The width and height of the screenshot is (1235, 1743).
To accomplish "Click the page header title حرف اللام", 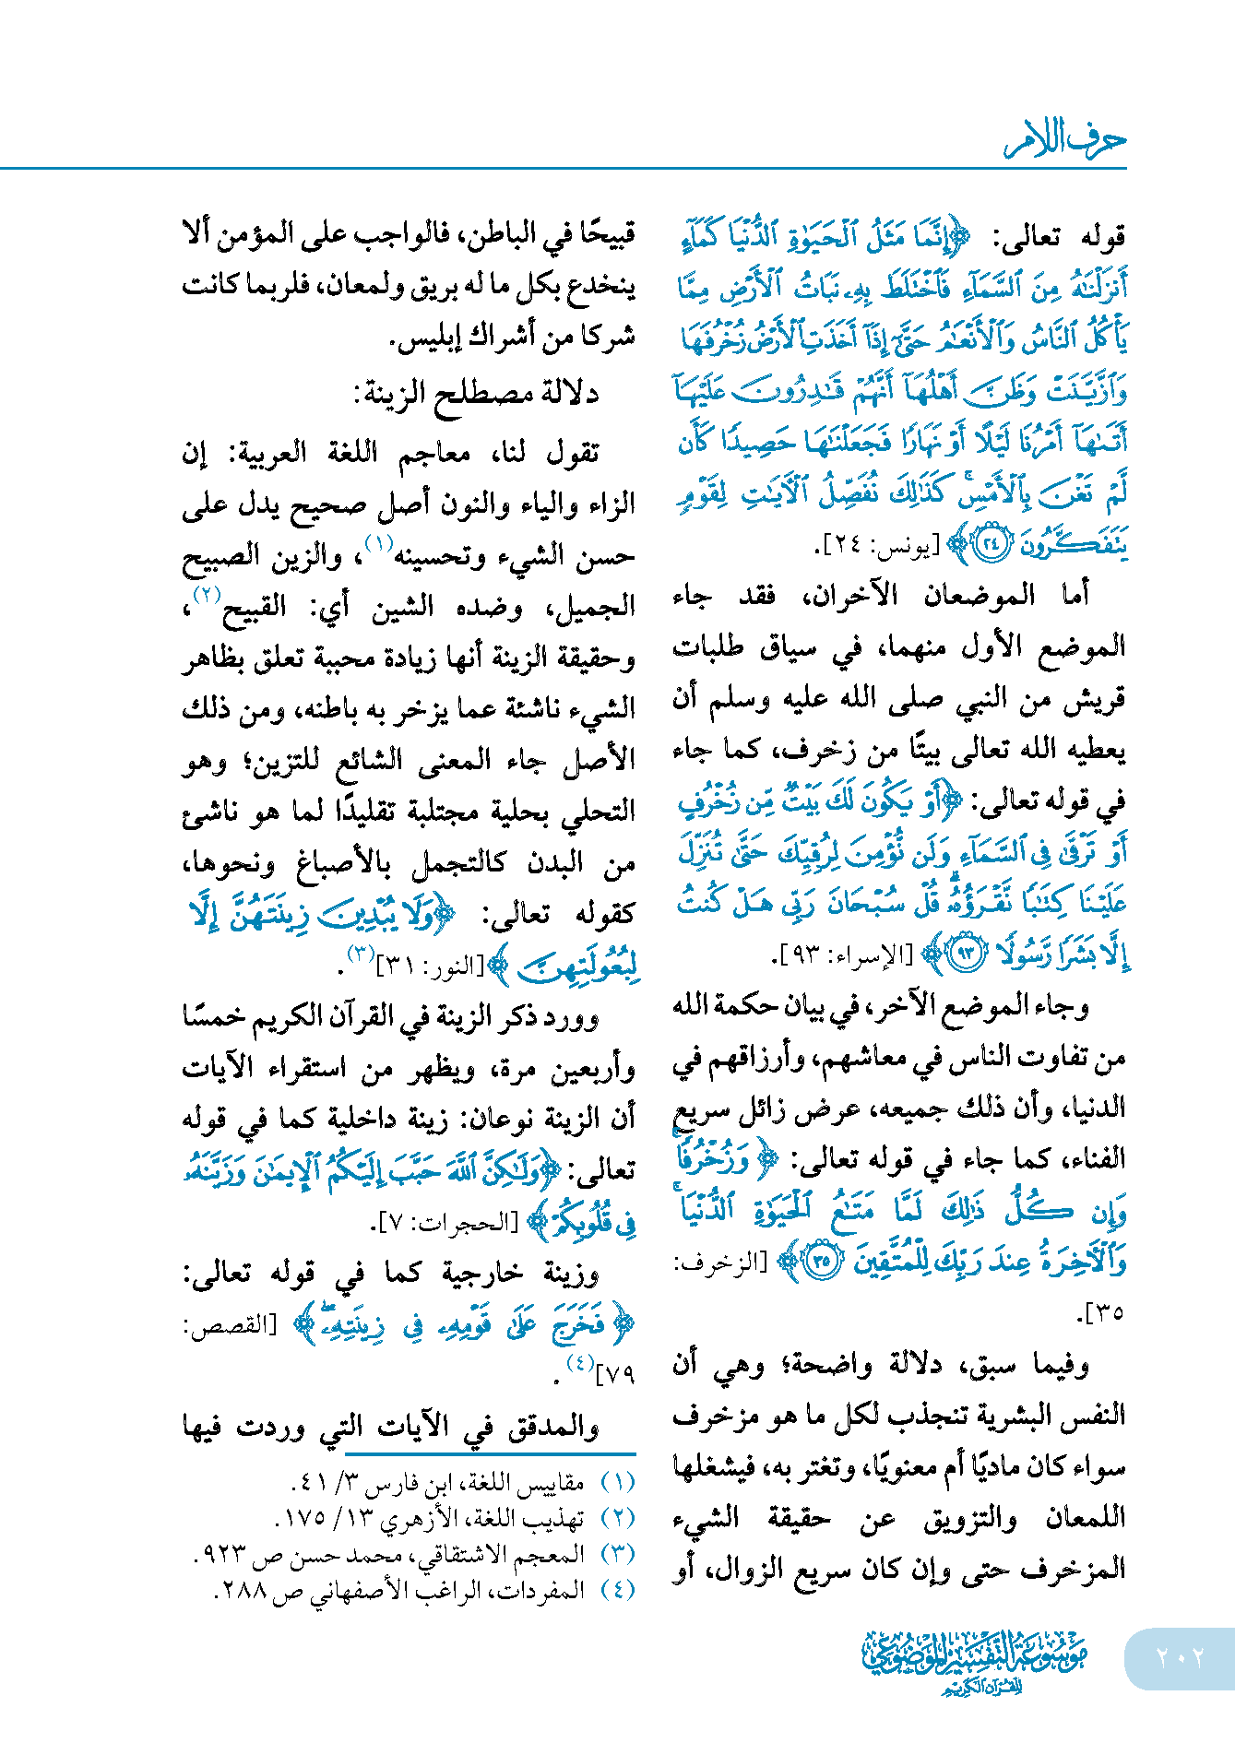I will [1064, 140].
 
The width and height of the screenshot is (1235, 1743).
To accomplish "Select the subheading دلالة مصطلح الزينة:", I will [477, 394].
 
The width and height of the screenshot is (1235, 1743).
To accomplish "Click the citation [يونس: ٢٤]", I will [875, 548].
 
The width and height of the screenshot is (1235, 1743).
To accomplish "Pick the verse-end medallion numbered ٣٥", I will [823, 1260].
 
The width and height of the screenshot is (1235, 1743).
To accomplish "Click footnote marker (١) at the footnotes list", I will [618, 1482].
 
